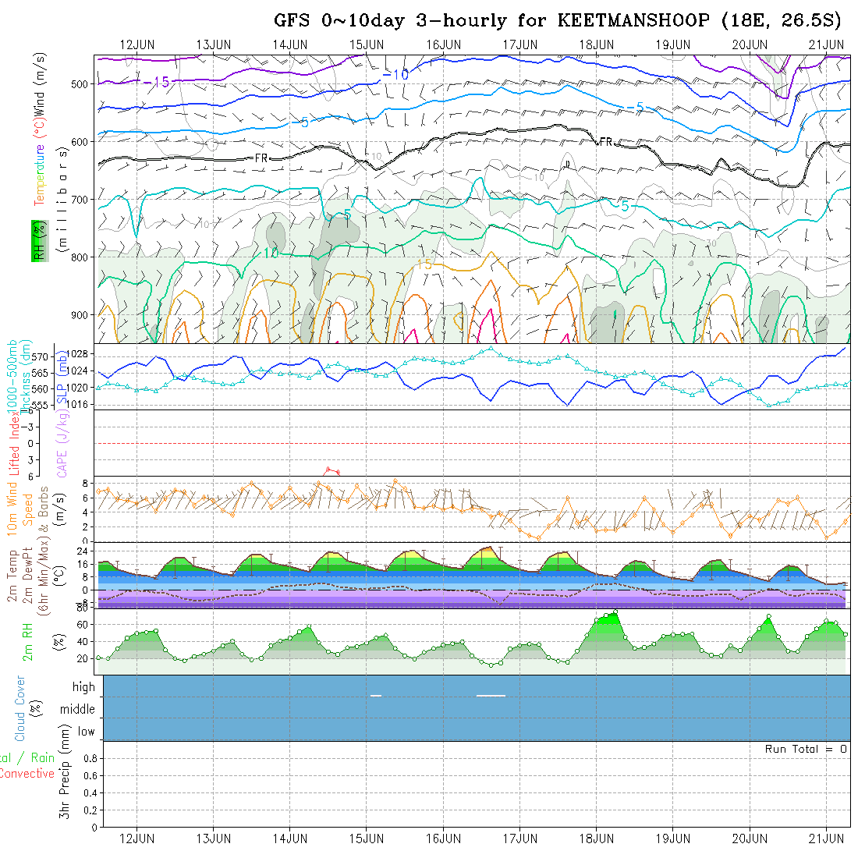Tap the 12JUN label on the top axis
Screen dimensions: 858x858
click(136, 44)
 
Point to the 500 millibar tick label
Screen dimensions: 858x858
click(83, 84)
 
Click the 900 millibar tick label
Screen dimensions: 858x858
click(83, 315)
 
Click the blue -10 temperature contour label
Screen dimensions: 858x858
click(396, 75)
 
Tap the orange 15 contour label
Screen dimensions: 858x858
click(424, 264)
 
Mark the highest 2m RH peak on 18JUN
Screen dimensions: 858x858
click(615, 612)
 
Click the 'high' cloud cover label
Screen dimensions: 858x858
click(83, 687)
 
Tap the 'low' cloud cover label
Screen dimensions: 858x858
click(86, 732)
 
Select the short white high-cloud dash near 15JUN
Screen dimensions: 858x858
click(376, 695)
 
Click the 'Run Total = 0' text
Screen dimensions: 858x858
click(806, 749)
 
